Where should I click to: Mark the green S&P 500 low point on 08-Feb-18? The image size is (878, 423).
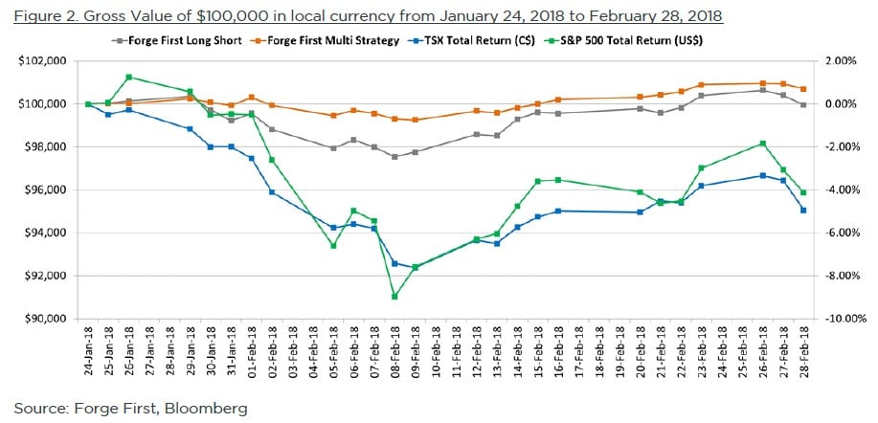pos(394,297)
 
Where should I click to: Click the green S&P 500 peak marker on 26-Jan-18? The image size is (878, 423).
pos(128,78)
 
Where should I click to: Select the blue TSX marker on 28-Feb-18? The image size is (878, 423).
pos(802,210)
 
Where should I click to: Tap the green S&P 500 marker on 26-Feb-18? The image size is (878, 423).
pos(762,144)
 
